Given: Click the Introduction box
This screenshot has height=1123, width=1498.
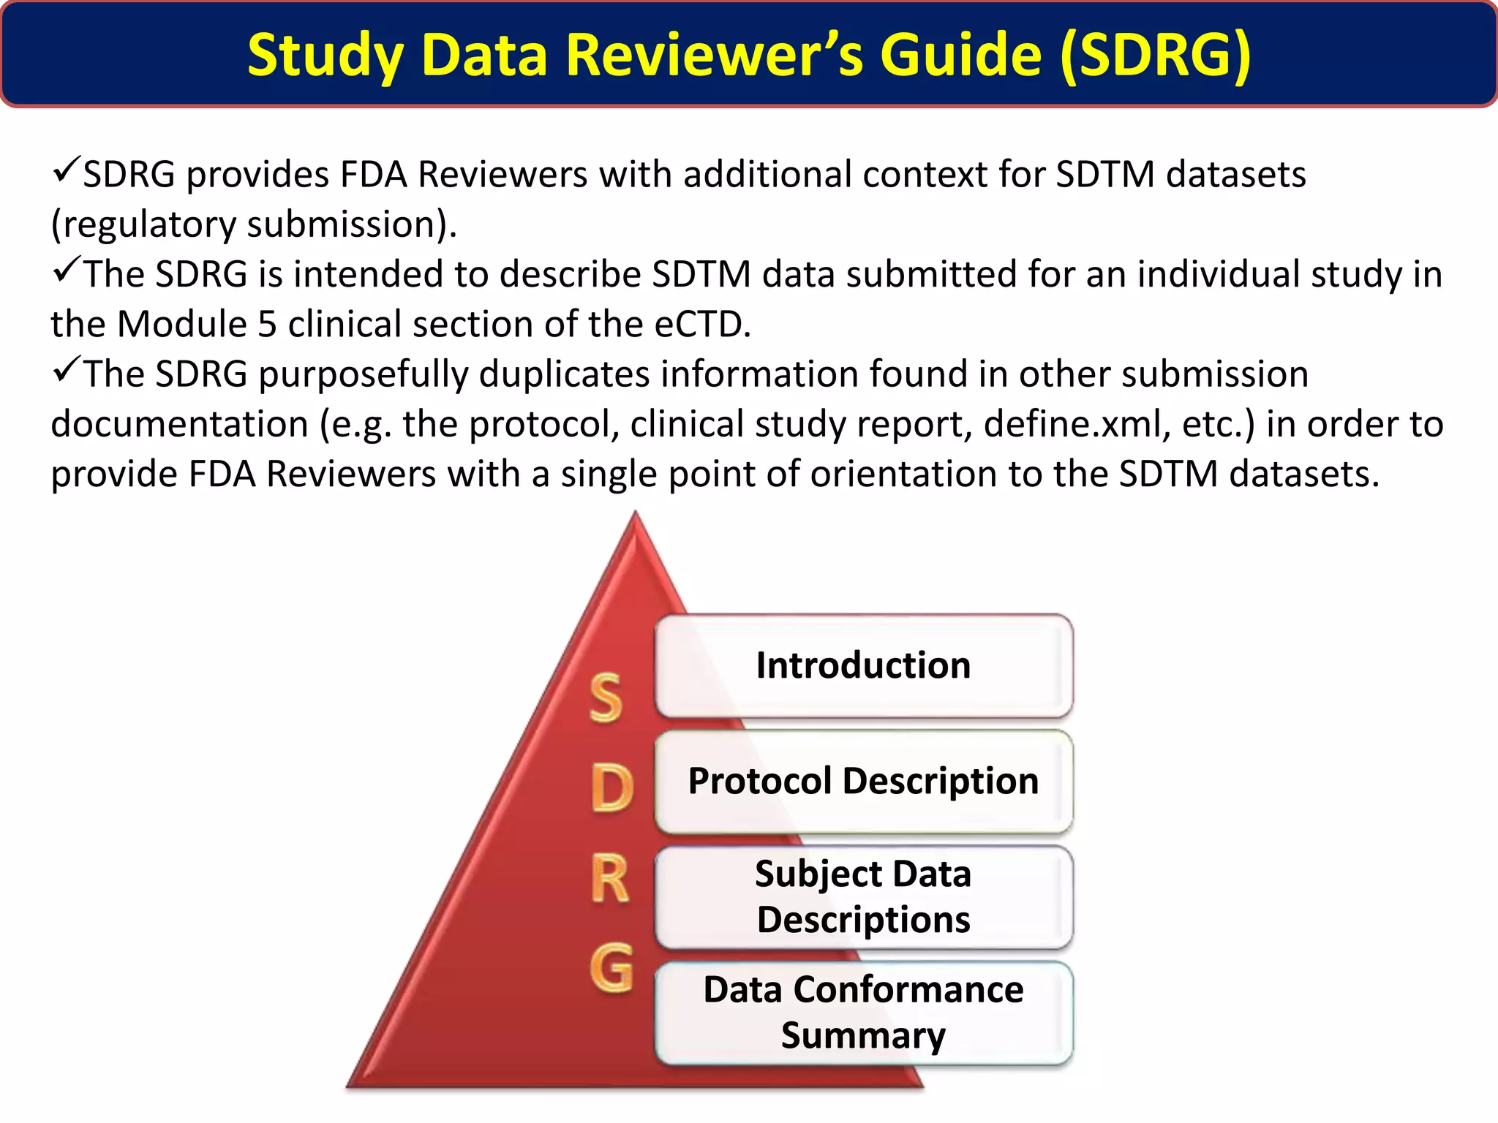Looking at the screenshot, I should tap(863, 666).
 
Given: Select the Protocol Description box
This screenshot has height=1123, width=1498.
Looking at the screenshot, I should tap(863, 782).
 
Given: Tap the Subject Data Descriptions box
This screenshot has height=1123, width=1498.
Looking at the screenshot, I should tap(863, 896).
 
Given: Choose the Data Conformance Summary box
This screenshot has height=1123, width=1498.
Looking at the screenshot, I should tap(863, 1012).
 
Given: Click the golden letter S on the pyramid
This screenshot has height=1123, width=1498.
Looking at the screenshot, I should tap(606, 698).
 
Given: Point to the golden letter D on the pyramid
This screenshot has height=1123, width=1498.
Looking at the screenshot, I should tap(611, 789).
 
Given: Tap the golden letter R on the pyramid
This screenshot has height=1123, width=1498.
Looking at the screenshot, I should tap(610, 880).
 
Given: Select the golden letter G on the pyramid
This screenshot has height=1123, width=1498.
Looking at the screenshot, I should tap(611, 967).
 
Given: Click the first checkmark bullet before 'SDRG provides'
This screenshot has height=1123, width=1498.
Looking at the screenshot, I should tap(66, 171).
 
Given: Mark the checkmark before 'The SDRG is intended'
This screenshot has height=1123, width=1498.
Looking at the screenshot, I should tap(66, 271).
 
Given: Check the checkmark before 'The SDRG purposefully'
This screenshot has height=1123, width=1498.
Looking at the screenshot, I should tap(66, 371).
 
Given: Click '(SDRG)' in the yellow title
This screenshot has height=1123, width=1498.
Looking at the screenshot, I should tap(1155, 55).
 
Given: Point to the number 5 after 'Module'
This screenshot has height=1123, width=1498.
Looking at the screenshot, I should tap(268, 324).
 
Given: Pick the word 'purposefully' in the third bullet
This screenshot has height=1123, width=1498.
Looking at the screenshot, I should tap(363, 374).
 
